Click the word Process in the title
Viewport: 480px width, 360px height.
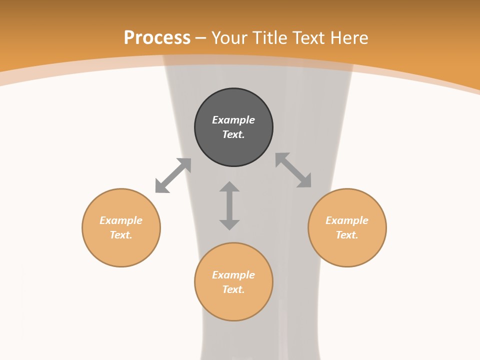click(x=157, y=37)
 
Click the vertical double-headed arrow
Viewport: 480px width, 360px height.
click(x=229, y=205)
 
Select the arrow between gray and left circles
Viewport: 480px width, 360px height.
click(x=173, y=175)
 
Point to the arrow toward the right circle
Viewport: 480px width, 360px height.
click(x=293, y=170)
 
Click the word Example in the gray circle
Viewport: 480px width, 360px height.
click(x=233, y=120)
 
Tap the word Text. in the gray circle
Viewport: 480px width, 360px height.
click(x=233, y=134)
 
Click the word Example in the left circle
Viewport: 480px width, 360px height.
click(x=121, y=220)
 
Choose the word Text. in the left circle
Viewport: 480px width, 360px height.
click(x=121, y=235)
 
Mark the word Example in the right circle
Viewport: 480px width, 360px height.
click(x=347, y=220)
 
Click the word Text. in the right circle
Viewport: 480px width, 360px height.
click(x=347, y=235)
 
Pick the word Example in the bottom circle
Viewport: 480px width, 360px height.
click(x=233, y=275)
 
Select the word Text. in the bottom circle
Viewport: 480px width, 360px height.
click(x=233, y=289)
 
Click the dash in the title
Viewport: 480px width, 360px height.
click(x=201, y=38)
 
